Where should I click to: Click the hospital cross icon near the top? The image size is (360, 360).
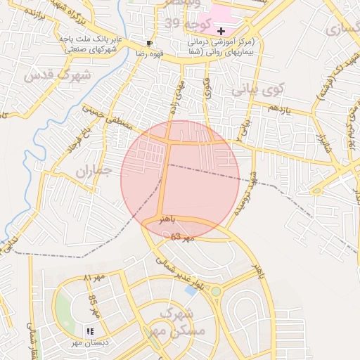click(221, 32)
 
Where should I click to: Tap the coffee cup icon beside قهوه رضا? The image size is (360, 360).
click(149, 43)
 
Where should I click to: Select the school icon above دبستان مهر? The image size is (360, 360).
click(89, 330)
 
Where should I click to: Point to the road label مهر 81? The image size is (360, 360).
click(94, 279)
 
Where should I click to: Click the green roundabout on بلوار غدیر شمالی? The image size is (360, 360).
click(216, 291)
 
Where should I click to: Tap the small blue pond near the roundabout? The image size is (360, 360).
click(191, 290)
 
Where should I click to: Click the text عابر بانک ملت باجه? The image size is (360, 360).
click(93, 38)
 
